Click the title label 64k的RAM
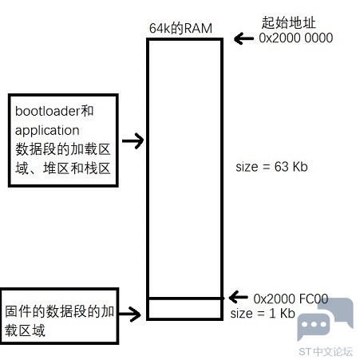[180, 28]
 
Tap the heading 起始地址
[288, 22]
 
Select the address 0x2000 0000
[296, 38]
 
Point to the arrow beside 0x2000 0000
[243, 38]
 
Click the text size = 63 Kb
[271, 167]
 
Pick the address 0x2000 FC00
[291, 299]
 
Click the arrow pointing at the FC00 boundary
[238, 297]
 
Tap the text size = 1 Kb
[263, 313]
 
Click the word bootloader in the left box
[48, 111]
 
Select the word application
[47, 131]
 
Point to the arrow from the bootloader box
[133, 140]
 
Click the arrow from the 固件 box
[130, 314]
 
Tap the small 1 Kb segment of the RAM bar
[185, 309]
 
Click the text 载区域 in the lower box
[25, 330]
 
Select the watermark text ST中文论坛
[326, 351]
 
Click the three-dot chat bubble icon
[313, 326]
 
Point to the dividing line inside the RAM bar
[185, 299]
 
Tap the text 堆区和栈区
[77, 168]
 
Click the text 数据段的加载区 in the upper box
[63, 149]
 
